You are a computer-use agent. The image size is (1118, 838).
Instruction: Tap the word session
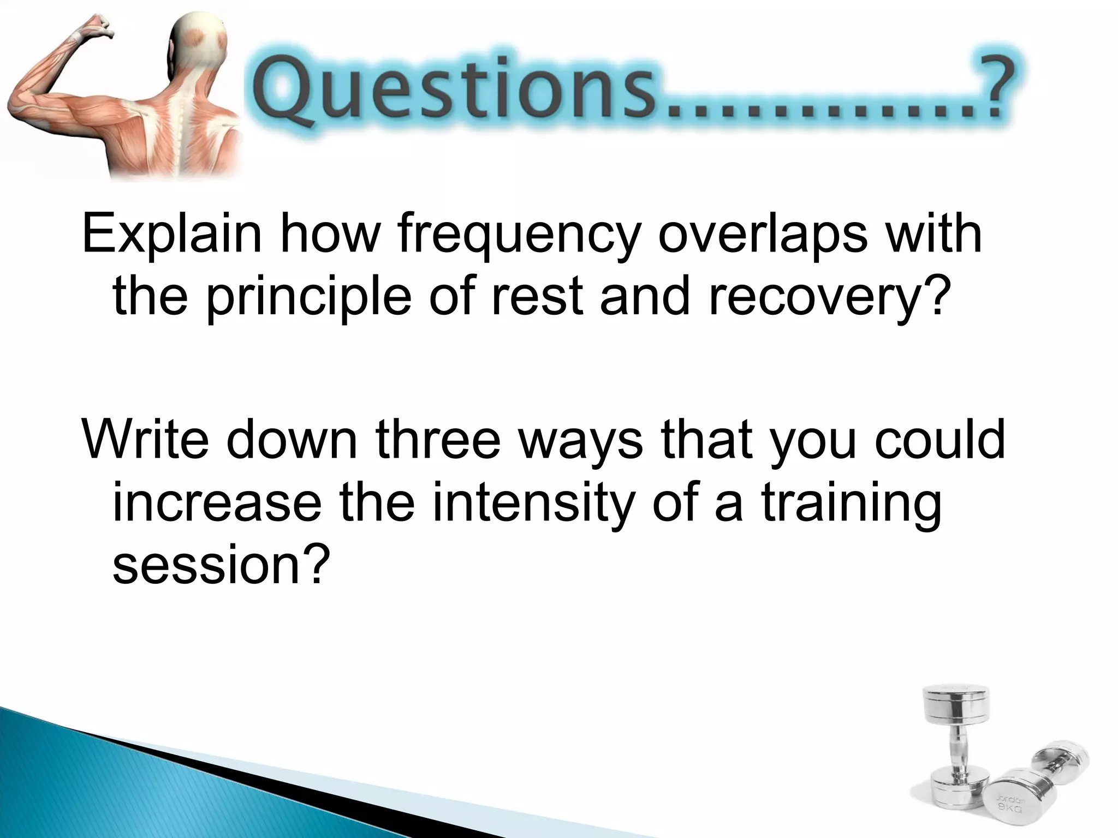(210, 565)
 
